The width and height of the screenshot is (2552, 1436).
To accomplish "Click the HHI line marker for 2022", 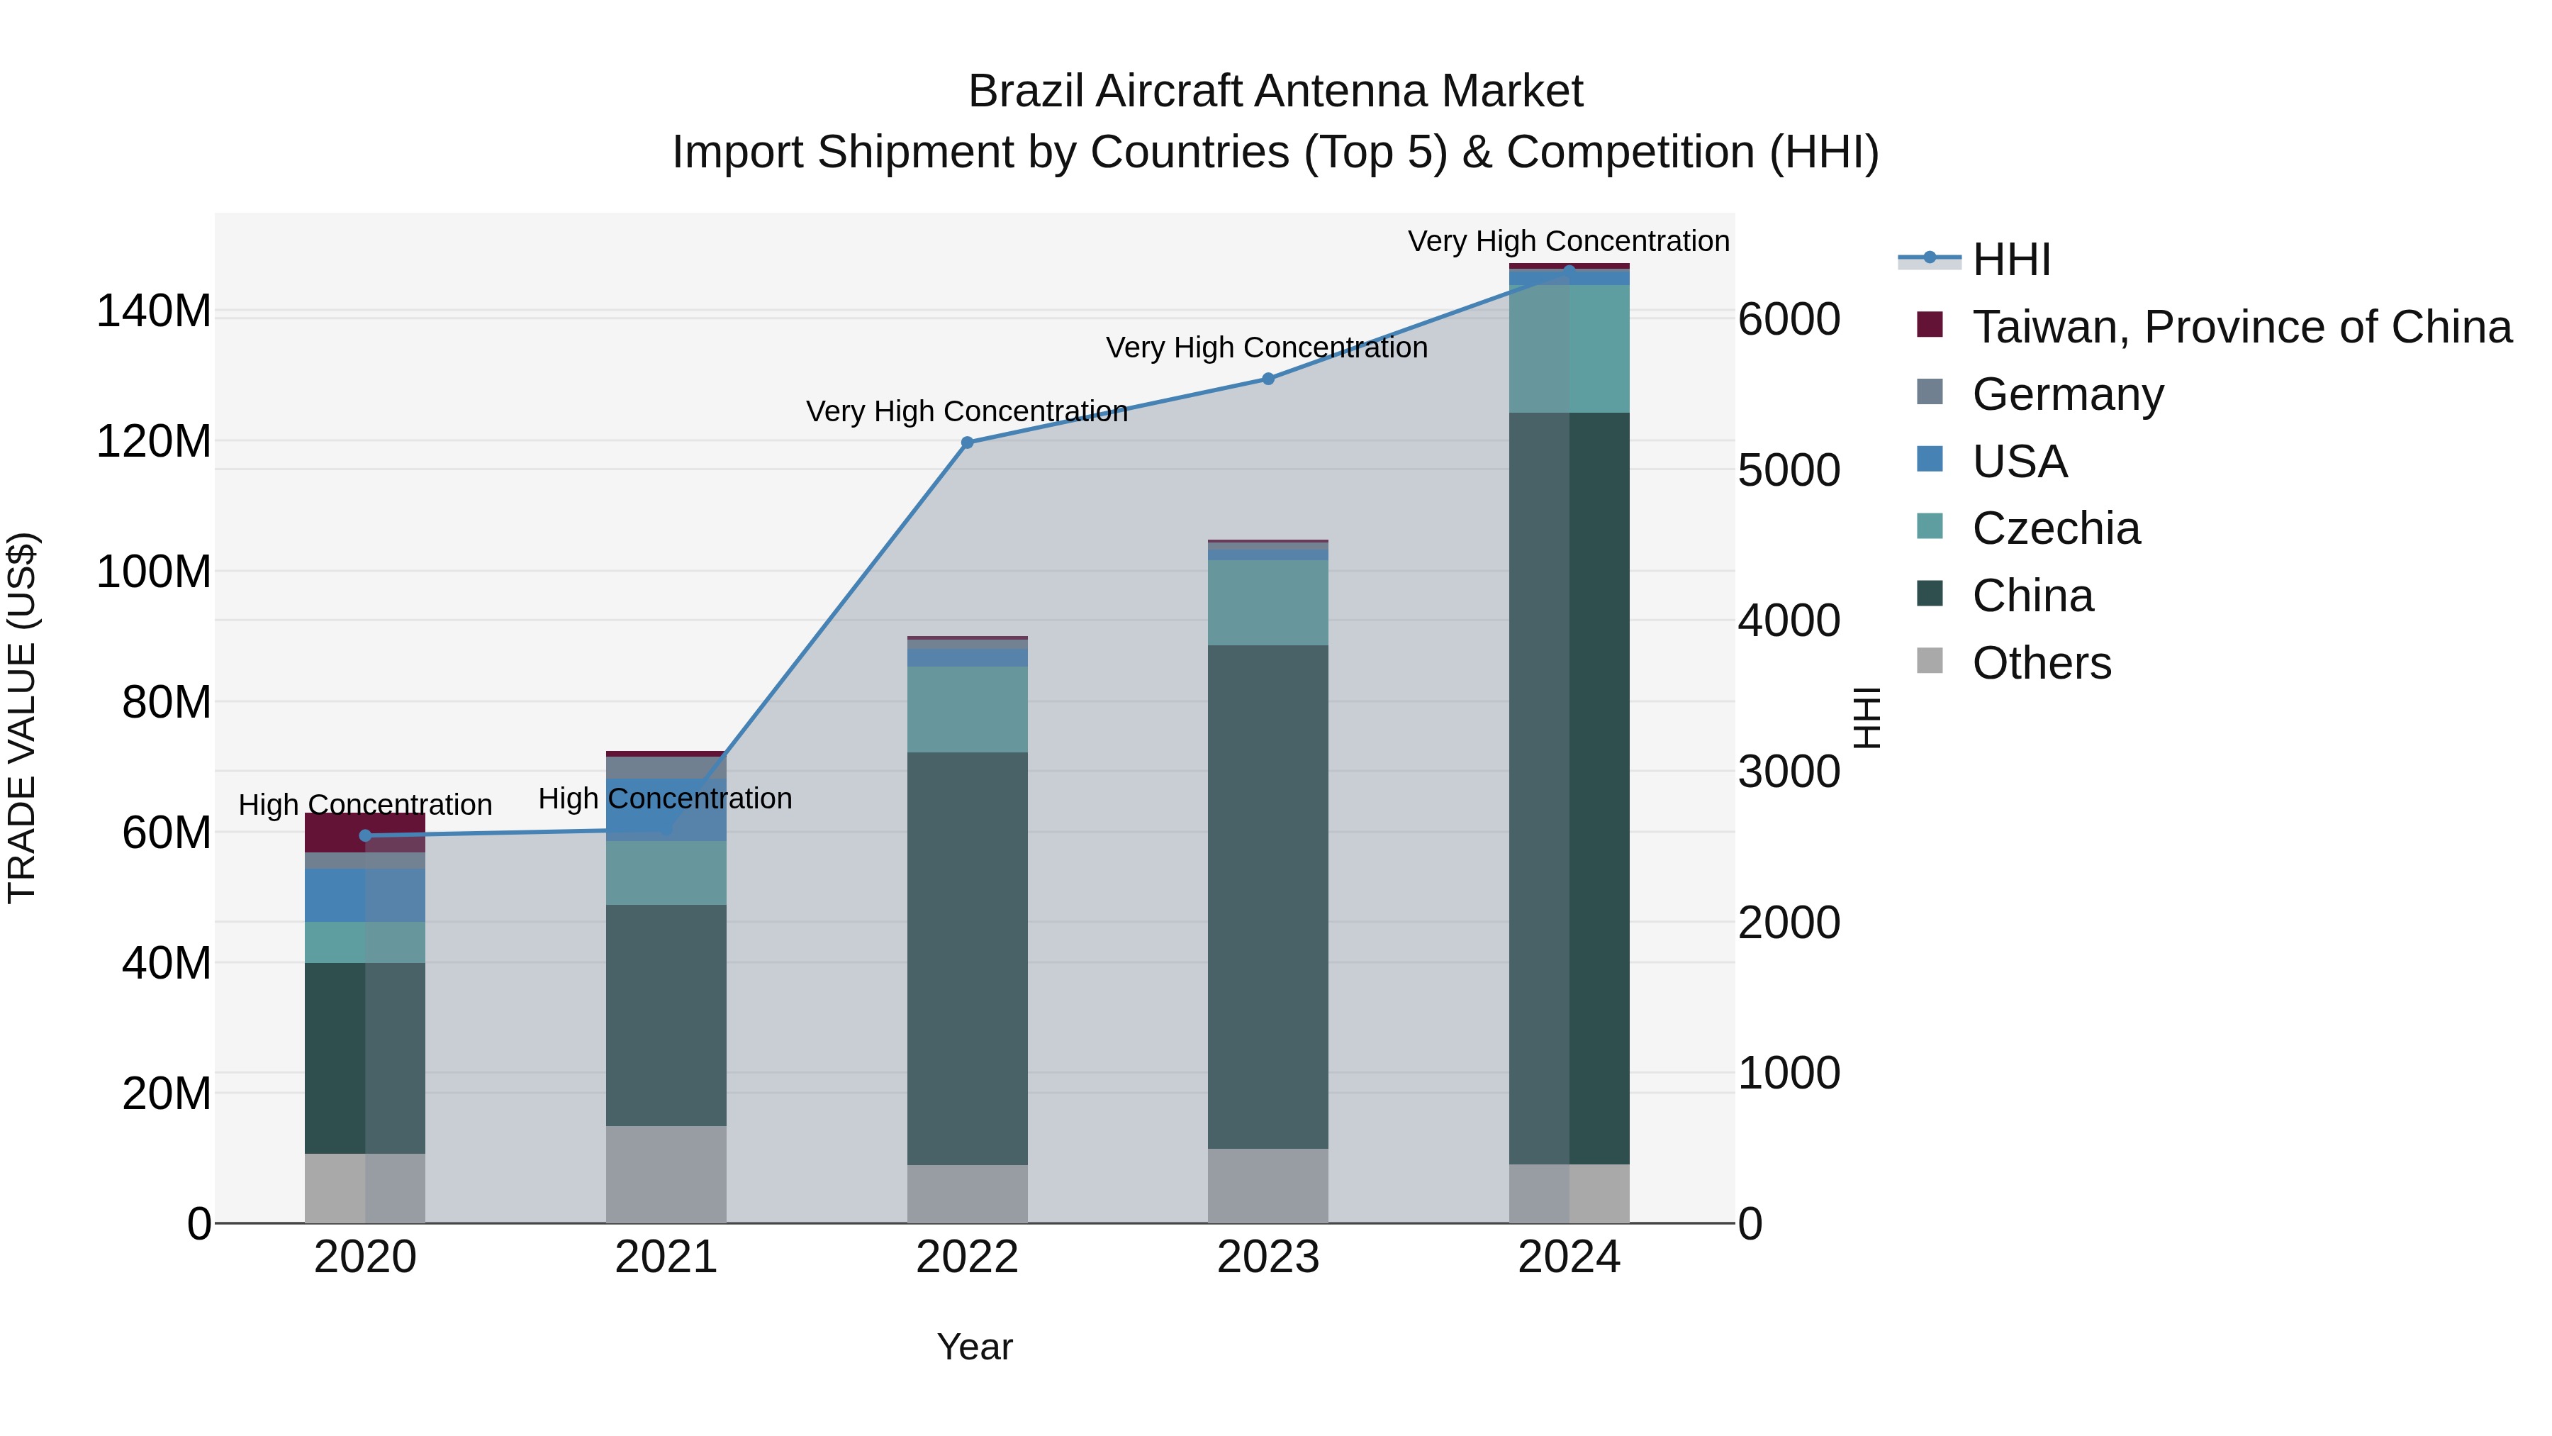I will [x=967, y=443].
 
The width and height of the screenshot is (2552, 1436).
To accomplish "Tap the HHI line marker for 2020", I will [x=364, y=835].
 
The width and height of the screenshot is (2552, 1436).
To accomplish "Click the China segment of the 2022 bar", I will [x=967, y=957].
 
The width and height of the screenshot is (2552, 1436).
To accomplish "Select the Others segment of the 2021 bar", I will [x=666, y=1174].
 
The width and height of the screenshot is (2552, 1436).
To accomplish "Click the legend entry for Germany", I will [x=2068, y=394].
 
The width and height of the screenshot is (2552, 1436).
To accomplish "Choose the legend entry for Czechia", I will [x=2056, y=528].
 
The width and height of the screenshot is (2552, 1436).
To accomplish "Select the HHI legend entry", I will [x=2011, y=260].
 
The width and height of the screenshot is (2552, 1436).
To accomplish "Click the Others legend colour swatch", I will [x=1929, y=661].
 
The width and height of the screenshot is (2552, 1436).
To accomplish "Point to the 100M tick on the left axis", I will [x=154, y=572].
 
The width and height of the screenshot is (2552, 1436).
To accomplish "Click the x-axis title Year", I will [x=974, y=1347].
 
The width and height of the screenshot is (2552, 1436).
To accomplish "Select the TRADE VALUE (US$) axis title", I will [x=22, y=718].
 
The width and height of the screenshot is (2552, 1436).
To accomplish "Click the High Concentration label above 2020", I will [x=364, y=805].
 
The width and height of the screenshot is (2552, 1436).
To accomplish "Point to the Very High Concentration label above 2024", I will [x=1568, y=241].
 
